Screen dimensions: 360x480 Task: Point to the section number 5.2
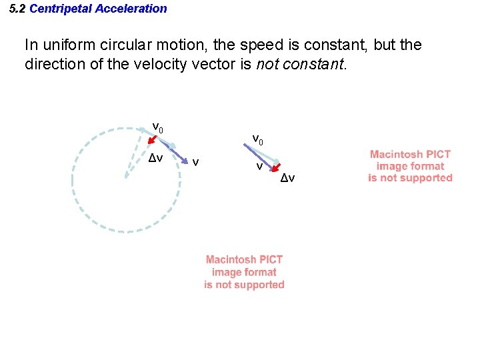(18, 9)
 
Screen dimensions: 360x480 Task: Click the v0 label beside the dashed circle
(158, 127)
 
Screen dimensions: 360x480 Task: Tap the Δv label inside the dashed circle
(155, 159)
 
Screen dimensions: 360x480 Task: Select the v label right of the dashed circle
(195, 161)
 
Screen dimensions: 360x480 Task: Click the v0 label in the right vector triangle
(257, 139)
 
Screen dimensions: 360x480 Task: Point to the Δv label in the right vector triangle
(287, 178)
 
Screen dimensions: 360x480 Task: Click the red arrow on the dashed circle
(153, 140)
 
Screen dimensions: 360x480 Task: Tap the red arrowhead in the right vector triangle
(275, 169)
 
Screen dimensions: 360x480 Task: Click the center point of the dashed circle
(125, 177)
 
